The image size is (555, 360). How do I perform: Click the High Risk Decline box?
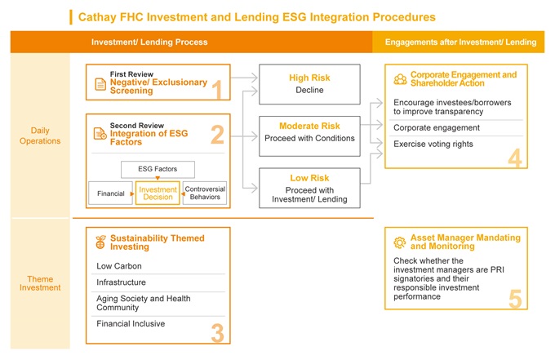pos(309,84)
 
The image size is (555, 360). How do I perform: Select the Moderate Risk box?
pos(309,136)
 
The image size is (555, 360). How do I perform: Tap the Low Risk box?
pos(309,188)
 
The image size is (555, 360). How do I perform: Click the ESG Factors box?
pos(158,169)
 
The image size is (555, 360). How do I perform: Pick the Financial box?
pos(110,193)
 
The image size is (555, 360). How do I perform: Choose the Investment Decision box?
pos(158,193)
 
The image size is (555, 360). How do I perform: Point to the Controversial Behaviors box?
pos(205,193)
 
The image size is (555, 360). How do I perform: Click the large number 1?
pos(216,90)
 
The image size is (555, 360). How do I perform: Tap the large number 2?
pos(217,135)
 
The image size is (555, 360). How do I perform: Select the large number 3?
pos(218,333)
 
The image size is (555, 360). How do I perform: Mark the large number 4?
pos(515,158)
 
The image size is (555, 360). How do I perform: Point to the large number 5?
pos(515,299)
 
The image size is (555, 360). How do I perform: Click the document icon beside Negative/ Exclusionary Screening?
pos(100,84)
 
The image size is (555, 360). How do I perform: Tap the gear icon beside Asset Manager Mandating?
pos(400,242)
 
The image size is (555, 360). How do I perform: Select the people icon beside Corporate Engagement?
pos(400,79)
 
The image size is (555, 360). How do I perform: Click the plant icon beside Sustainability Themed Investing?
pos(100,242)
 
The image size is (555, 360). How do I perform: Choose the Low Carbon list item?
pos(119,266)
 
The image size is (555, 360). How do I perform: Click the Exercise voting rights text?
pos(433,144)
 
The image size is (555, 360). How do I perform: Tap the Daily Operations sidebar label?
pos(40,136)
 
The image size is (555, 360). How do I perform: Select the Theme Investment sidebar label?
pos(40,283)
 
